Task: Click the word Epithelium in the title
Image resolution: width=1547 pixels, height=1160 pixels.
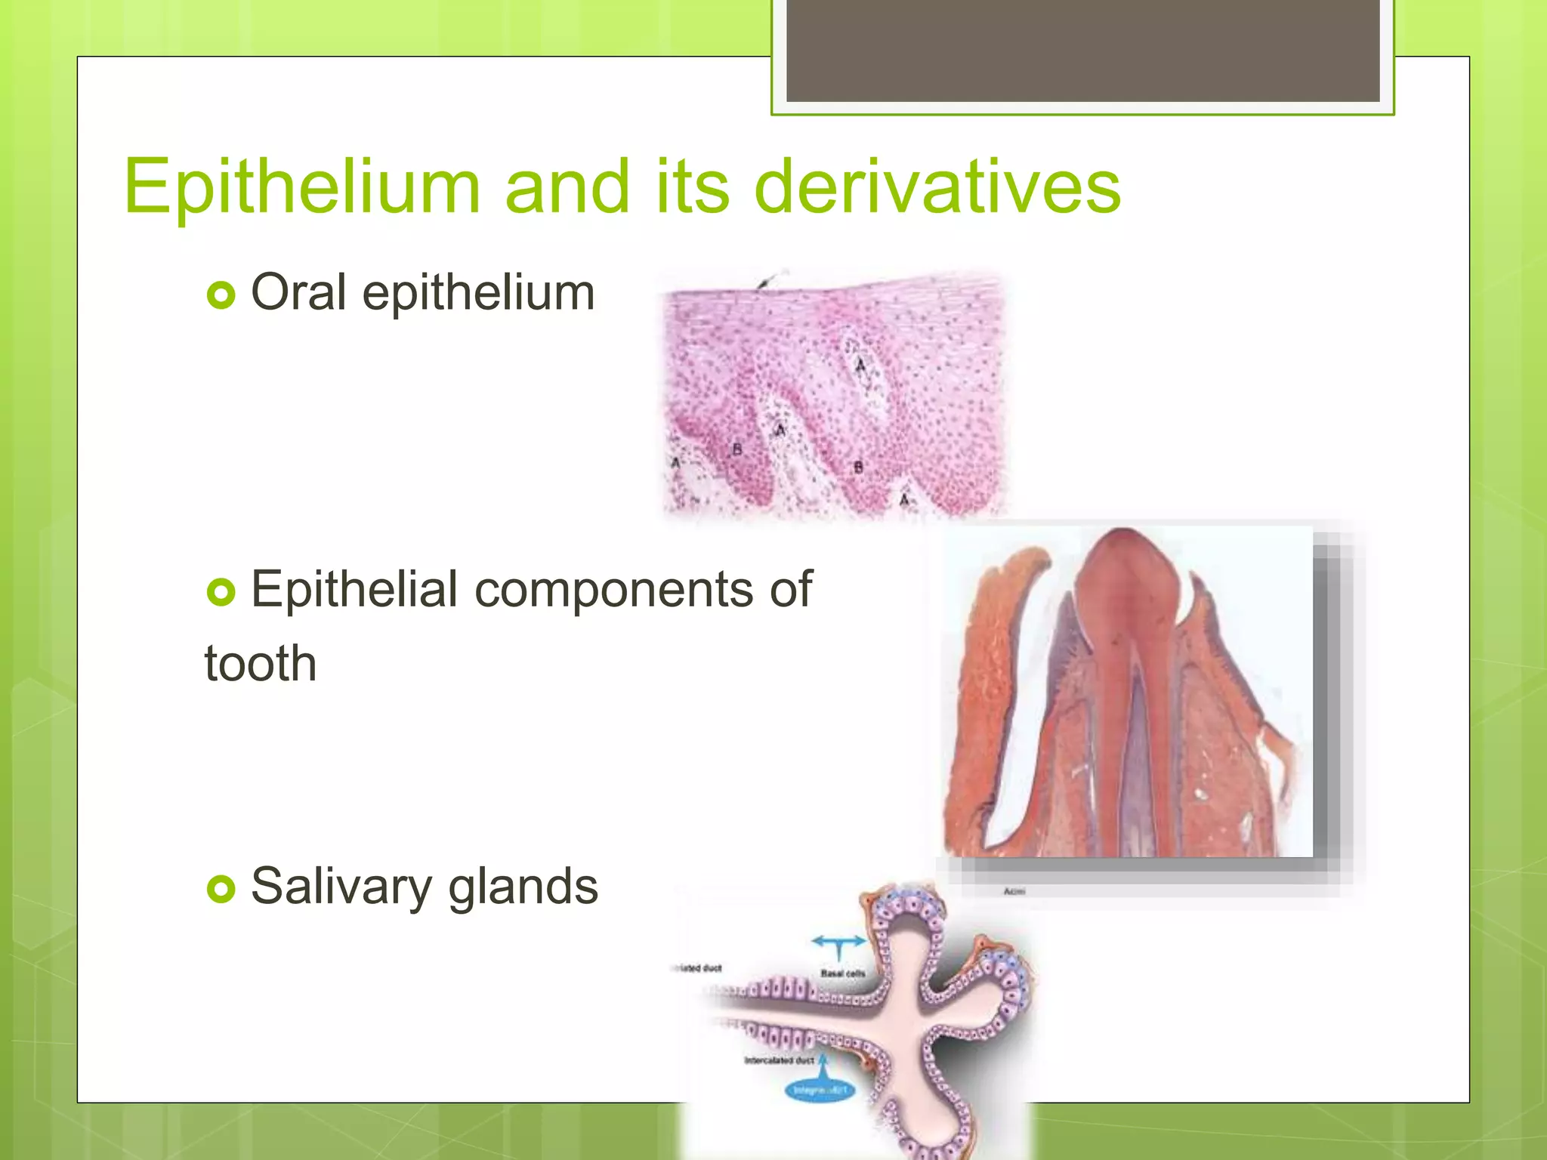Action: tap(302, 187)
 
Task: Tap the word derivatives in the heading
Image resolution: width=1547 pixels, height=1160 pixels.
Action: tap(937, 187)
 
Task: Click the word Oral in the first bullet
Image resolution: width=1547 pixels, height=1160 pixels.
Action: tap(298, 292)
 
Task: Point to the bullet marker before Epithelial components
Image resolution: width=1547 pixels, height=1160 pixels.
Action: tap(221, 592)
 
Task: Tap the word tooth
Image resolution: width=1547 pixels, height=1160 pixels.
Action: tap(261, 664)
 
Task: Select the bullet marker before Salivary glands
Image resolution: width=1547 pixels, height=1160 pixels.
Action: tap(221, 889)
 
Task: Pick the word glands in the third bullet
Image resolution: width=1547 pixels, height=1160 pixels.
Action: tap(523, 887)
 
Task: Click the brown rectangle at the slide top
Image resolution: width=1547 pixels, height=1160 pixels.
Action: tap(1082, 51)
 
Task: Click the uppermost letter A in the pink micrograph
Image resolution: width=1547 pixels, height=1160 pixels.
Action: tap(860, 366)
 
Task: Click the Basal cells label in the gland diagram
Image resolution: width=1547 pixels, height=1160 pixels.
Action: tap(842, 973)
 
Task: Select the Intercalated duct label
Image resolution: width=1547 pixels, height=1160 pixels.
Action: tap(779, 1060)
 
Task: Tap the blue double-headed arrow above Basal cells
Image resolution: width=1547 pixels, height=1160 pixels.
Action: tap(838, 942)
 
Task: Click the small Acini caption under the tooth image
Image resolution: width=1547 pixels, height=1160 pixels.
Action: tap(1014, 892)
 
